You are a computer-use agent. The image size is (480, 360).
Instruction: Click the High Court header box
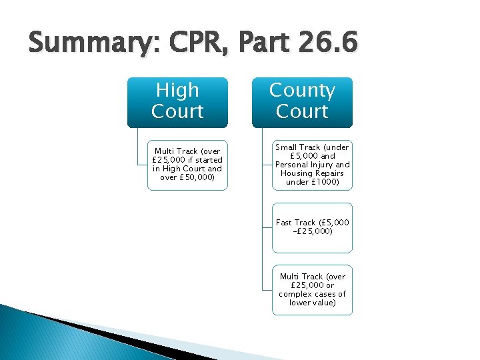177,101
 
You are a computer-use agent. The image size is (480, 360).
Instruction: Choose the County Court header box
302,101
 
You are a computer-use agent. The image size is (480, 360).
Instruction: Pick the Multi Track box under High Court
187,165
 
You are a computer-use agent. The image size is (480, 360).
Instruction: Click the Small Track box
312,165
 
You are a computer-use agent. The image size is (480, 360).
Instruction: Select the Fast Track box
312,227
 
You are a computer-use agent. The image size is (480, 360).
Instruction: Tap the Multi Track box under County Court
312,289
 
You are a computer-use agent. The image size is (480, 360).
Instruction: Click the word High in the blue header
177,90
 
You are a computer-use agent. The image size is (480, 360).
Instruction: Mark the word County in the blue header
302,90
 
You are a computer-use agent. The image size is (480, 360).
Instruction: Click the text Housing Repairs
312,173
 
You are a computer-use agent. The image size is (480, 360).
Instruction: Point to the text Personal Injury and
312,165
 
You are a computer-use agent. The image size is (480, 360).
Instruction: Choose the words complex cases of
312,294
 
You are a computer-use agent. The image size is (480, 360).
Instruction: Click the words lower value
312,303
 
